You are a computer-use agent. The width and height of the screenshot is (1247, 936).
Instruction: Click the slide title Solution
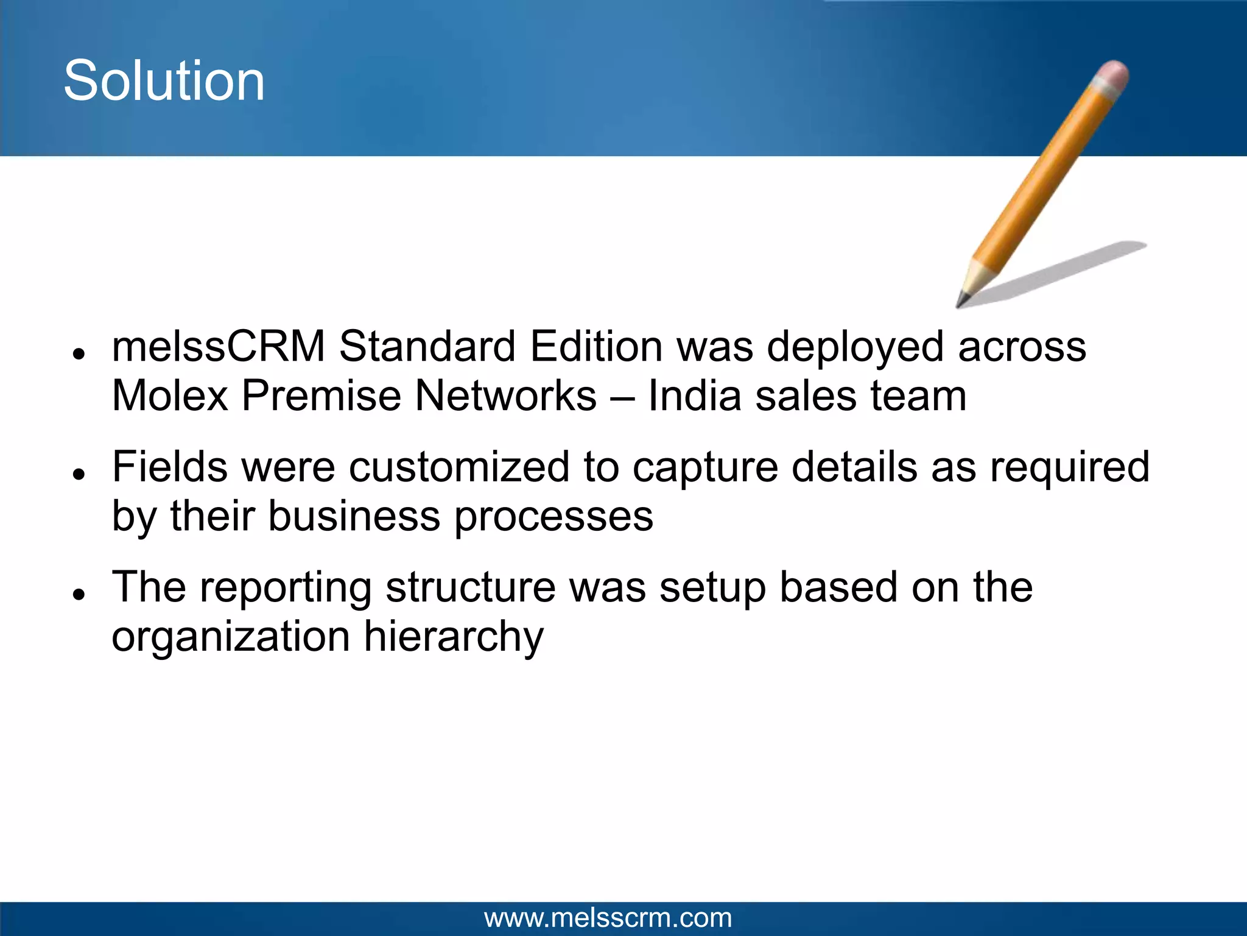tap(164, 81)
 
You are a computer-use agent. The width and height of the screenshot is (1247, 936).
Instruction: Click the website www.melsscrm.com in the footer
tap(608, 918)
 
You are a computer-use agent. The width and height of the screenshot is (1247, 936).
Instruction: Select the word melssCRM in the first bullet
tap(219, 346)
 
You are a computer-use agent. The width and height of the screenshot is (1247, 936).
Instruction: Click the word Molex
tap(170, 396)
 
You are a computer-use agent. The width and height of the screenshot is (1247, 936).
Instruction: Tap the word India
tap(694, 396)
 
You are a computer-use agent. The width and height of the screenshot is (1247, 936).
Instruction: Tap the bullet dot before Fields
tap(77, 474)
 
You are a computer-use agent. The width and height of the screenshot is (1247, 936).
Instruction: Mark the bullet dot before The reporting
tap(77, 594)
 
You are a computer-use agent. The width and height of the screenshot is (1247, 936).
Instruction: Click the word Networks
tap(505, 396)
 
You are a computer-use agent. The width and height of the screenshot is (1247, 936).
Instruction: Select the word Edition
tap(596, 346)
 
